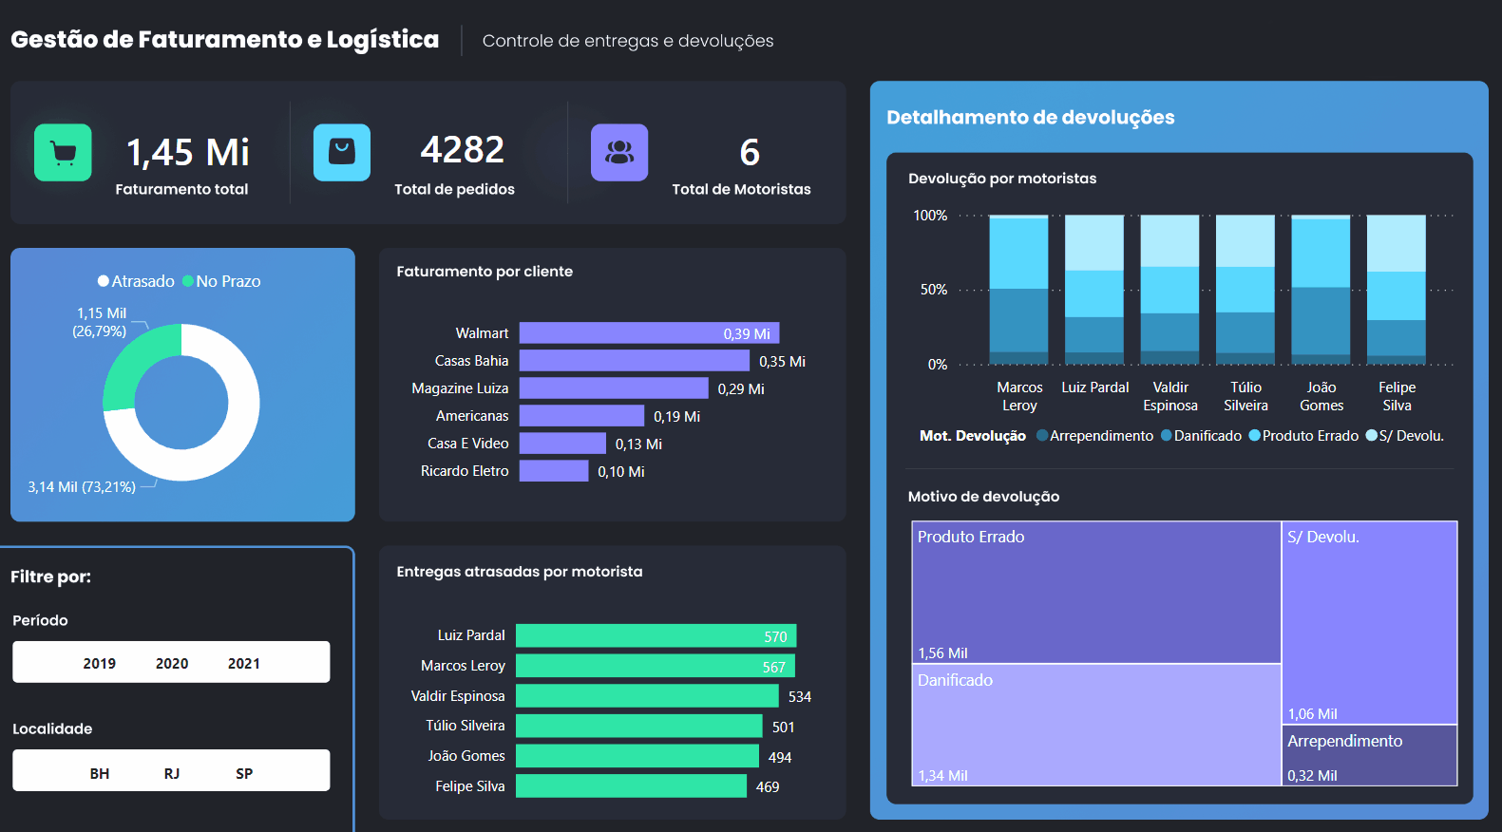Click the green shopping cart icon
pyautogui.click(x=63, y=152)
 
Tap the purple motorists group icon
pyautogui.click(x=619, y=152)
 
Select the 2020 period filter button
pyautogui.click(x=172, y=663)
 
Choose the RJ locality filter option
pyautogui.click(x=172, y=773)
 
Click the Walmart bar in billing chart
pyautogui.click(x=649, y=333)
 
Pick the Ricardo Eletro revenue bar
pyautogui.click(x=554, y=471)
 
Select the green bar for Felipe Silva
pyautogui.click(x=631, y=786)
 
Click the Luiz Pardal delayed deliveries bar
pyautogui.click(x=656, y=635)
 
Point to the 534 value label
pyautogui.click(x=800, y=697)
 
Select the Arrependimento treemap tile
pyautogui.click(x=1369, y=755)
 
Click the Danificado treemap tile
pyautogui.click(x=1096, y=725)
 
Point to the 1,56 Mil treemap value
pyautogui.click(x=942, y=653)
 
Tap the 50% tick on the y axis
pyautogui.click(x=934, y=290)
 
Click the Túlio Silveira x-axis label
pyautogui.click(x=1245, y=396)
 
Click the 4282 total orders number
pyautogui.click(x=463, y=150)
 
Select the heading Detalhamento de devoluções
pyautogui.click(x=1031, y=117)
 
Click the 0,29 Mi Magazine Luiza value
pyautogui.click(x=741, y=389)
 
